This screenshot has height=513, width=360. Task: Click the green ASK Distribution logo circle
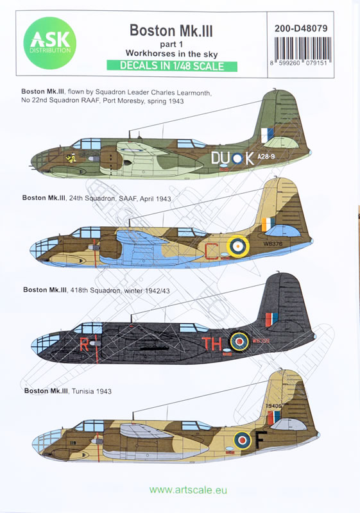click(50, 43)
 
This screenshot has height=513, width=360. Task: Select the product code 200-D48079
click(301, 28)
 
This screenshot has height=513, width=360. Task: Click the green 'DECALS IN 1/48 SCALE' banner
click(172, 66)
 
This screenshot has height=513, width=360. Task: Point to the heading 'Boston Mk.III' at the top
click(171, 31)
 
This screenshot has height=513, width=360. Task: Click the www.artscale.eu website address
click(188, 490)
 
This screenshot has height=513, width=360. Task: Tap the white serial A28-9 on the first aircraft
click(266, 156)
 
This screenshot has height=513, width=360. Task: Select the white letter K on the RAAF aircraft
click(250, 158)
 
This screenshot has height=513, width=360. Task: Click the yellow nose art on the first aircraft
click(71, 158)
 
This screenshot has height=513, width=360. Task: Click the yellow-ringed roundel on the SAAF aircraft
click(238, 246)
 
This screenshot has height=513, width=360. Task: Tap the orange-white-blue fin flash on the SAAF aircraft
click(268, 224)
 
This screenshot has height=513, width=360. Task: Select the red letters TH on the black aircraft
click(212, 344)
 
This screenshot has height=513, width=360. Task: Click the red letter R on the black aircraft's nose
click(84, 344)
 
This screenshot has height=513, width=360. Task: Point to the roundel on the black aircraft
click(239, 341)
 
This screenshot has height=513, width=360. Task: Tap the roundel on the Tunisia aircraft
click(243, 441)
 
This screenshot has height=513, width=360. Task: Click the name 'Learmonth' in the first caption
click(193, 93)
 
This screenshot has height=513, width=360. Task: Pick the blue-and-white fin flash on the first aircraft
click(268, 135)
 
